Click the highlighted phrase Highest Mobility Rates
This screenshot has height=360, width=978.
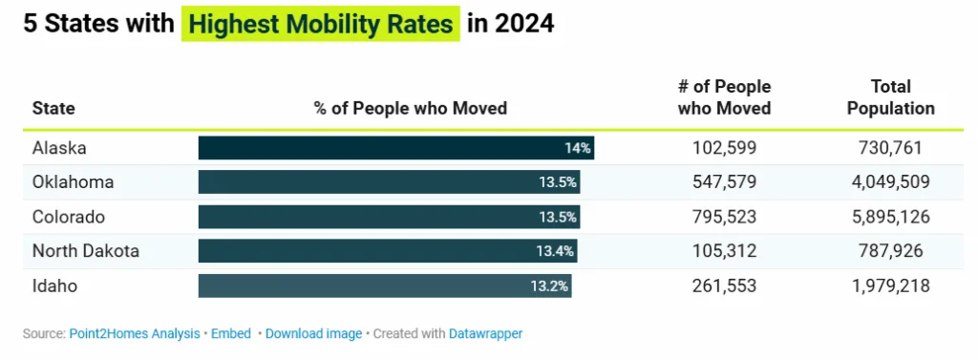coord(320,24)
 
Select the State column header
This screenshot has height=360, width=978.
coord(53,109)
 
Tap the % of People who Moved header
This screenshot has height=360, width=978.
coord(410,109)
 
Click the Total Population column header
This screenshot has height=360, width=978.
coord(890,98)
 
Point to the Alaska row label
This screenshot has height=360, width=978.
coord(58,148)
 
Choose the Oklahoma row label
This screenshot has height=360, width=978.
coord(73,182)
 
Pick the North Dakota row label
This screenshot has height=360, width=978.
coord(85,251)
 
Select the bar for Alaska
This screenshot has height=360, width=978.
coord(382,148)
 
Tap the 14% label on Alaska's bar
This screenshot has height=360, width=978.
coord(578,148)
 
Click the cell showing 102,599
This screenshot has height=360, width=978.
coord(724,148)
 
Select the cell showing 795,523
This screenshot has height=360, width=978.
coord(724,217)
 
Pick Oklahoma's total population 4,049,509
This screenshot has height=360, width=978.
coord(890,182)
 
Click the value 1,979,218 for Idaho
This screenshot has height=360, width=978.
coord(890,286)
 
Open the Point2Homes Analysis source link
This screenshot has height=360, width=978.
coord(134,334)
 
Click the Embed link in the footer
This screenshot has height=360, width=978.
coord(230,334)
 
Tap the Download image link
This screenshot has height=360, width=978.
coord(313,334)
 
